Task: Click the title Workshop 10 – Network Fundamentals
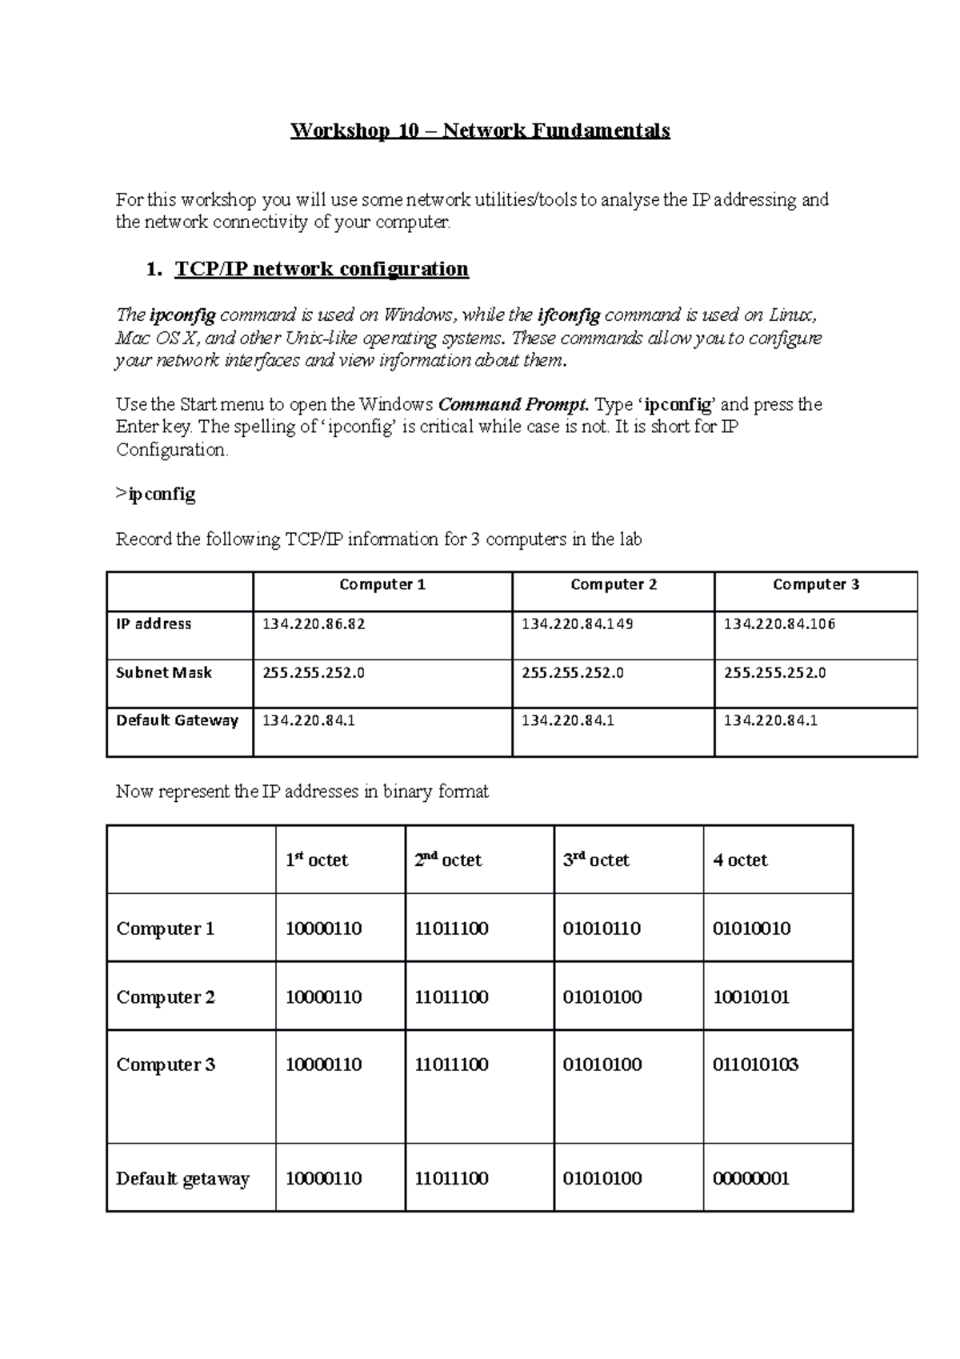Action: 480,130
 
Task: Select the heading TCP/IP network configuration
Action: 321,269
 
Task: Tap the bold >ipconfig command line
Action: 156,495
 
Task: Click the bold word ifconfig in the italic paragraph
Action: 568,315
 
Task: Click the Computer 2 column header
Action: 614,585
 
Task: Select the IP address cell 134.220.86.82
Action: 314,624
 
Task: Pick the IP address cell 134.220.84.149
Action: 577,624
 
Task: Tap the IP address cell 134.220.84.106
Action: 779,624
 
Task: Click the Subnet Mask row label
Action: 164,673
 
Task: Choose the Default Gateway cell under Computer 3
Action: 770,721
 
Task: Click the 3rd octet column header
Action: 596,860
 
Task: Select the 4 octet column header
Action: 740,860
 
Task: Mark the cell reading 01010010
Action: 751,929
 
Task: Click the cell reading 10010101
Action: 750,997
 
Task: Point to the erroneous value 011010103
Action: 755,1065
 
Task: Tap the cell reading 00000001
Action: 750,1179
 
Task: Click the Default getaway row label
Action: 182,1179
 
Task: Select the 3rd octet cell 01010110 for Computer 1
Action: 602,929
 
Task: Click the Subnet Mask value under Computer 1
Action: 314,673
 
